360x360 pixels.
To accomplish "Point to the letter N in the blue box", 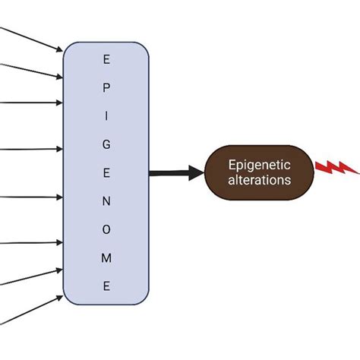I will click(x=106, y=201).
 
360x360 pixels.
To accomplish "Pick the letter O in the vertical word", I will click(x=106, y=229).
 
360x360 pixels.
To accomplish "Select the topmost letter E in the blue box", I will click(x=106, y=58).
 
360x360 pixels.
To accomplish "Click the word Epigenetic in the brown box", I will click(x=258, y=165).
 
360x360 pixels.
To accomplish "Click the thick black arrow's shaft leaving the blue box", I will click(x=171, y=173).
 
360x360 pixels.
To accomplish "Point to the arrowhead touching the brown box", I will click(x=199, y=173).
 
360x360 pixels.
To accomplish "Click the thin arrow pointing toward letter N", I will click(x=30, y=198).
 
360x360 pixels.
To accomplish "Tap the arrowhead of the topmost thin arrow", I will click(x=58, y=51).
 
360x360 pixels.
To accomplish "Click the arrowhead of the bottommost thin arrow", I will click(x=58, y=297).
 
